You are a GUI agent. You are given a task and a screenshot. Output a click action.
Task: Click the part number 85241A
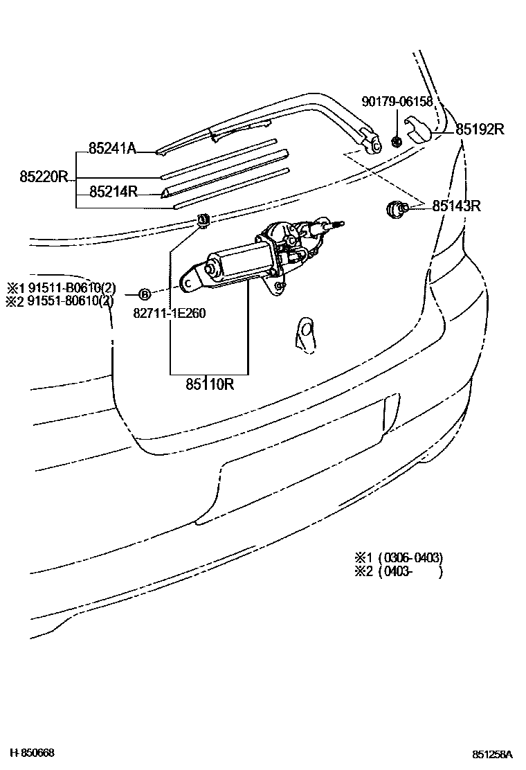coord(112,147)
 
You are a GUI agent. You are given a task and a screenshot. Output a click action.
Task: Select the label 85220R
coord(44,176)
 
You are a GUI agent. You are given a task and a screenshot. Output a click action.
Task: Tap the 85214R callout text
coord(114,192)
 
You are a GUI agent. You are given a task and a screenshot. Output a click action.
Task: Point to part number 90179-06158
coord(397,102)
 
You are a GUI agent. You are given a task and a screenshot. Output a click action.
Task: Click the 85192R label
coord(479,129)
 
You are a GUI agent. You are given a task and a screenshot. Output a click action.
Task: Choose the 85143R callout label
coord(457,206)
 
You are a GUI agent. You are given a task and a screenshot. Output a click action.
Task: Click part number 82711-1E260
coord(170,313)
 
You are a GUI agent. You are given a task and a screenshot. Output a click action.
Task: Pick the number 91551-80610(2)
coord(66,301)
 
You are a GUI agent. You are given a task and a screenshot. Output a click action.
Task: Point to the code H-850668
coord(31,753)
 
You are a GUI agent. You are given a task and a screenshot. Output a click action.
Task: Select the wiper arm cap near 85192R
coord(419,129)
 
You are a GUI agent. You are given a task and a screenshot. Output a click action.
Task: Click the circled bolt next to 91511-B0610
coord(145,294)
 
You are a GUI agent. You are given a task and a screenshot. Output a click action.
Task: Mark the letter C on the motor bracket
coord(187,282)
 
